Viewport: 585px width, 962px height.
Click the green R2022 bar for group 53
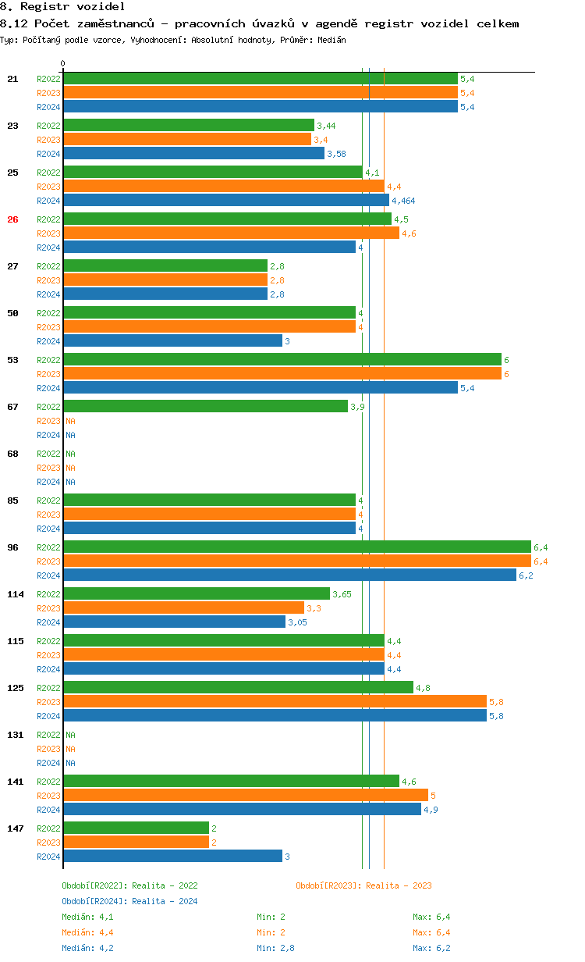click(282, 359)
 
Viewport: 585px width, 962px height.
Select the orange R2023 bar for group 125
click(275, 701)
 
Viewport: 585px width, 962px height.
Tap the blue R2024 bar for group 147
click(172, 856)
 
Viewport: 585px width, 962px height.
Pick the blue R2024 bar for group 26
click(209, 247)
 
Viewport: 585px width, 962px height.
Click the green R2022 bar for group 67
click(205, 406)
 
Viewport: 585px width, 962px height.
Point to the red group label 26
click(12, 219)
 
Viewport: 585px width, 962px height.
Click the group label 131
click(15, 735)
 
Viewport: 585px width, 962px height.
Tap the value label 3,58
click(336, 154)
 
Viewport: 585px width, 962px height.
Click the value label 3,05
click(297, 622)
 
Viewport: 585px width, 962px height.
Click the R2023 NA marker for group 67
click(70, 421)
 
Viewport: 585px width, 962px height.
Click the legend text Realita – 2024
click(165, 901)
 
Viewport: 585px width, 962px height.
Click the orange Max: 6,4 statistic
click(431, 932)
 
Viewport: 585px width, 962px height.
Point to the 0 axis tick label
click(63, 63)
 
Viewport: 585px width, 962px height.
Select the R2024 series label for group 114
click(48, 622)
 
